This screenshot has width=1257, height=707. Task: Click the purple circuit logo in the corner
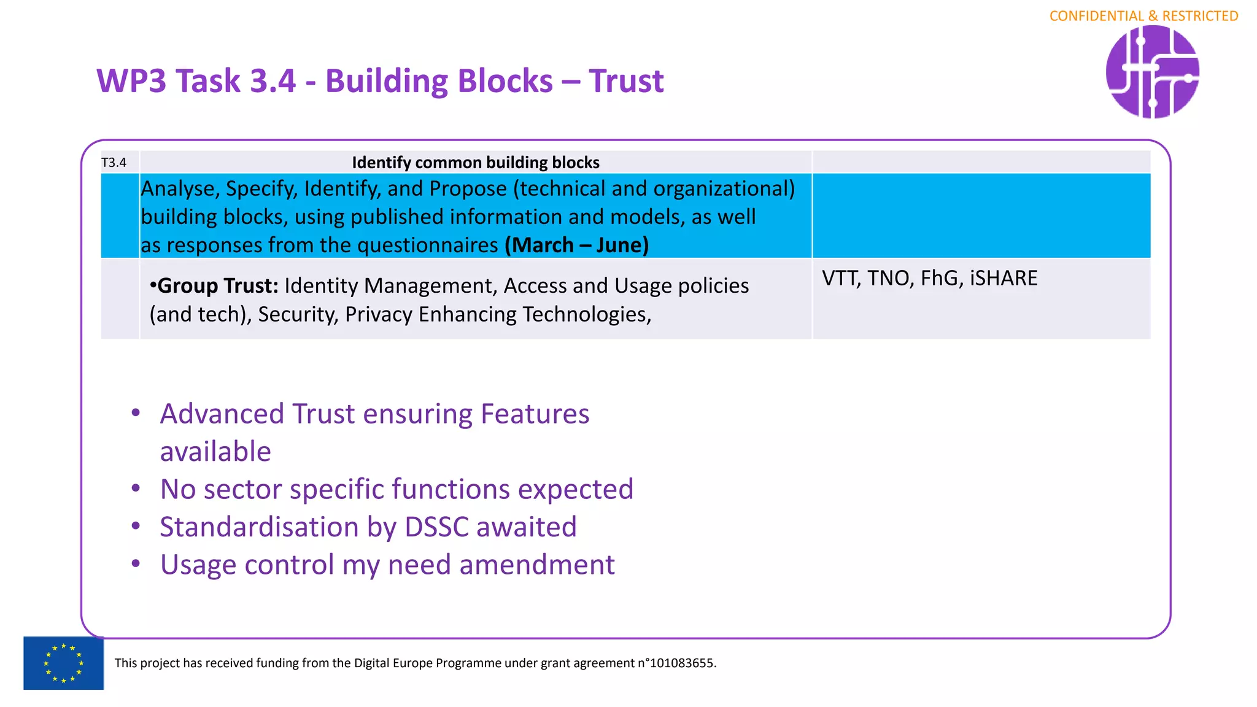click(1152, 72)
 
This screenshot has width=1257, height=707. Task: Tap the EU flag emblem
click(63, 663)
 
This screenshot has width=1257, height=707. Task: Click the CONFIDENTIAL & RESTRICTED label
click(1143, 16)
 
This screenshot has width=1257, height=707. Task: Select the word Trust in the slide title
click(626, 81)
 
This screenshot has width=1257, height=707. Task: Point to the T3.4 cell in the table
click(114, 163)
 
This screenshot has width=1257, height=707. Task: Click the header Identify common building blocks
click(475, 163)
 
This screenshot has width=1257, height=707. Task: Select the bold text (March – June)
click(576, 245)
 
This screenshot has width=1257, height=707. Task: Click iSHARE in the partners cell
click(1004, 278)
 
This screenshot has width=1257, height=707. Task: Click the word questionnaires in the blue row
click(427, 245)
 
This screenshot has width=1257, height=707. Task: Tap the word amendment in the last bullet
click(536, 565)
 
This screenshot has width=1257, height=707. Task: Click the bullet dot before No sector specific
click(136, 489)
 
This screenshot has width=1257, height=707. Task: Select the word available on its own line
click(215, 452)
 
